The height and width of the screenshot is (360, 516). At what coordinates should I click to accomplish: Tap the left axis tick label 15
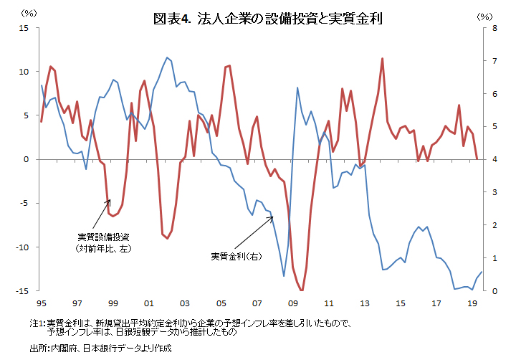click(24, 28)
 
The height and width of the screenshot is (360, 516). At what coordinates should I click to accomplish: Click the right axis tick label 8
click(492, 28)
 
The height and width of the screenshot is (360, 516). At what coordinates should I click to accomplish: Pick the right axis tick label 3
click(492, 192)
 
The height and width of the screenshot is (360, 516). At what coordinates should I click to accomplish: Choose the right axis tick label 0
click(492, 290)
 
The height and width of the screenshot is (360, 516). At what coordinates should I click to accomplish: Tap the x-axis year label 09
click(292, 303)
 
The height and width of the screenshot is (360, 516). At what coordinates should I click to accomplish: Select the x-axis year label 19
click(472, 303)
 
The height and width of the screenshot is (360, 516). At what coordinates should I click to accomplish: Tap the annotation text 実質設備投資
click(103, 237)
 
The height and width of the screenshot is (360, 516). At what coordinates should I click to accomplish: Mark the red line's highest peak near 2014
click(383, 59)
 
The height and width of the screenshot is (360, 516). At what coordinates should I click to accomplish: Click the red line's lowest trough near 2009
click(302, 290)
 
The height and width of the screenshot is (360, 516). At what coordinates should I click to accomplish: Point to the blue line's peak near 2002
click(167, 57)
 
